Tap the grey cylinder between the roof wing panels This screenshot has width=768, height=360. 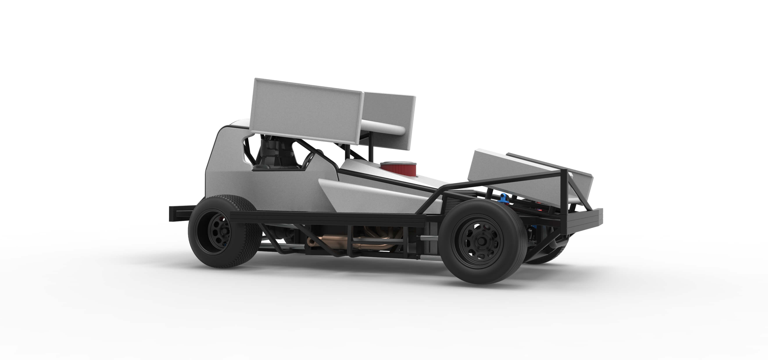(x=385, y=128)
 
